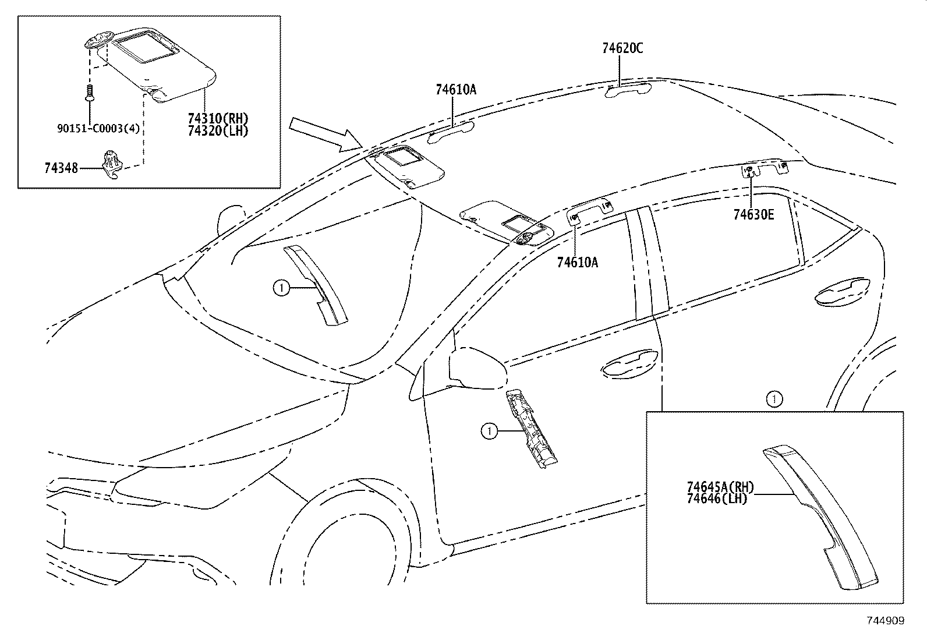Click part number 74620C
[622, 48]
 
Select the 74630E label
[753, 215]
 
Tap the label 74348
[61, 168]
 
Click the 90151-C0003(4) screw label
[98, 128]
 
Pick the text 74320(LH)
[218, 131]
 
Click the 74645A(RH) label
[720, 487]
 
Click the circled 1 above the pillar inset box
[774, 399]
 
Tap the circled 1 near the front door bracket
[489, 431]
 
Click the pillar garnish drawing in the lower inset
[821, 512]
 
